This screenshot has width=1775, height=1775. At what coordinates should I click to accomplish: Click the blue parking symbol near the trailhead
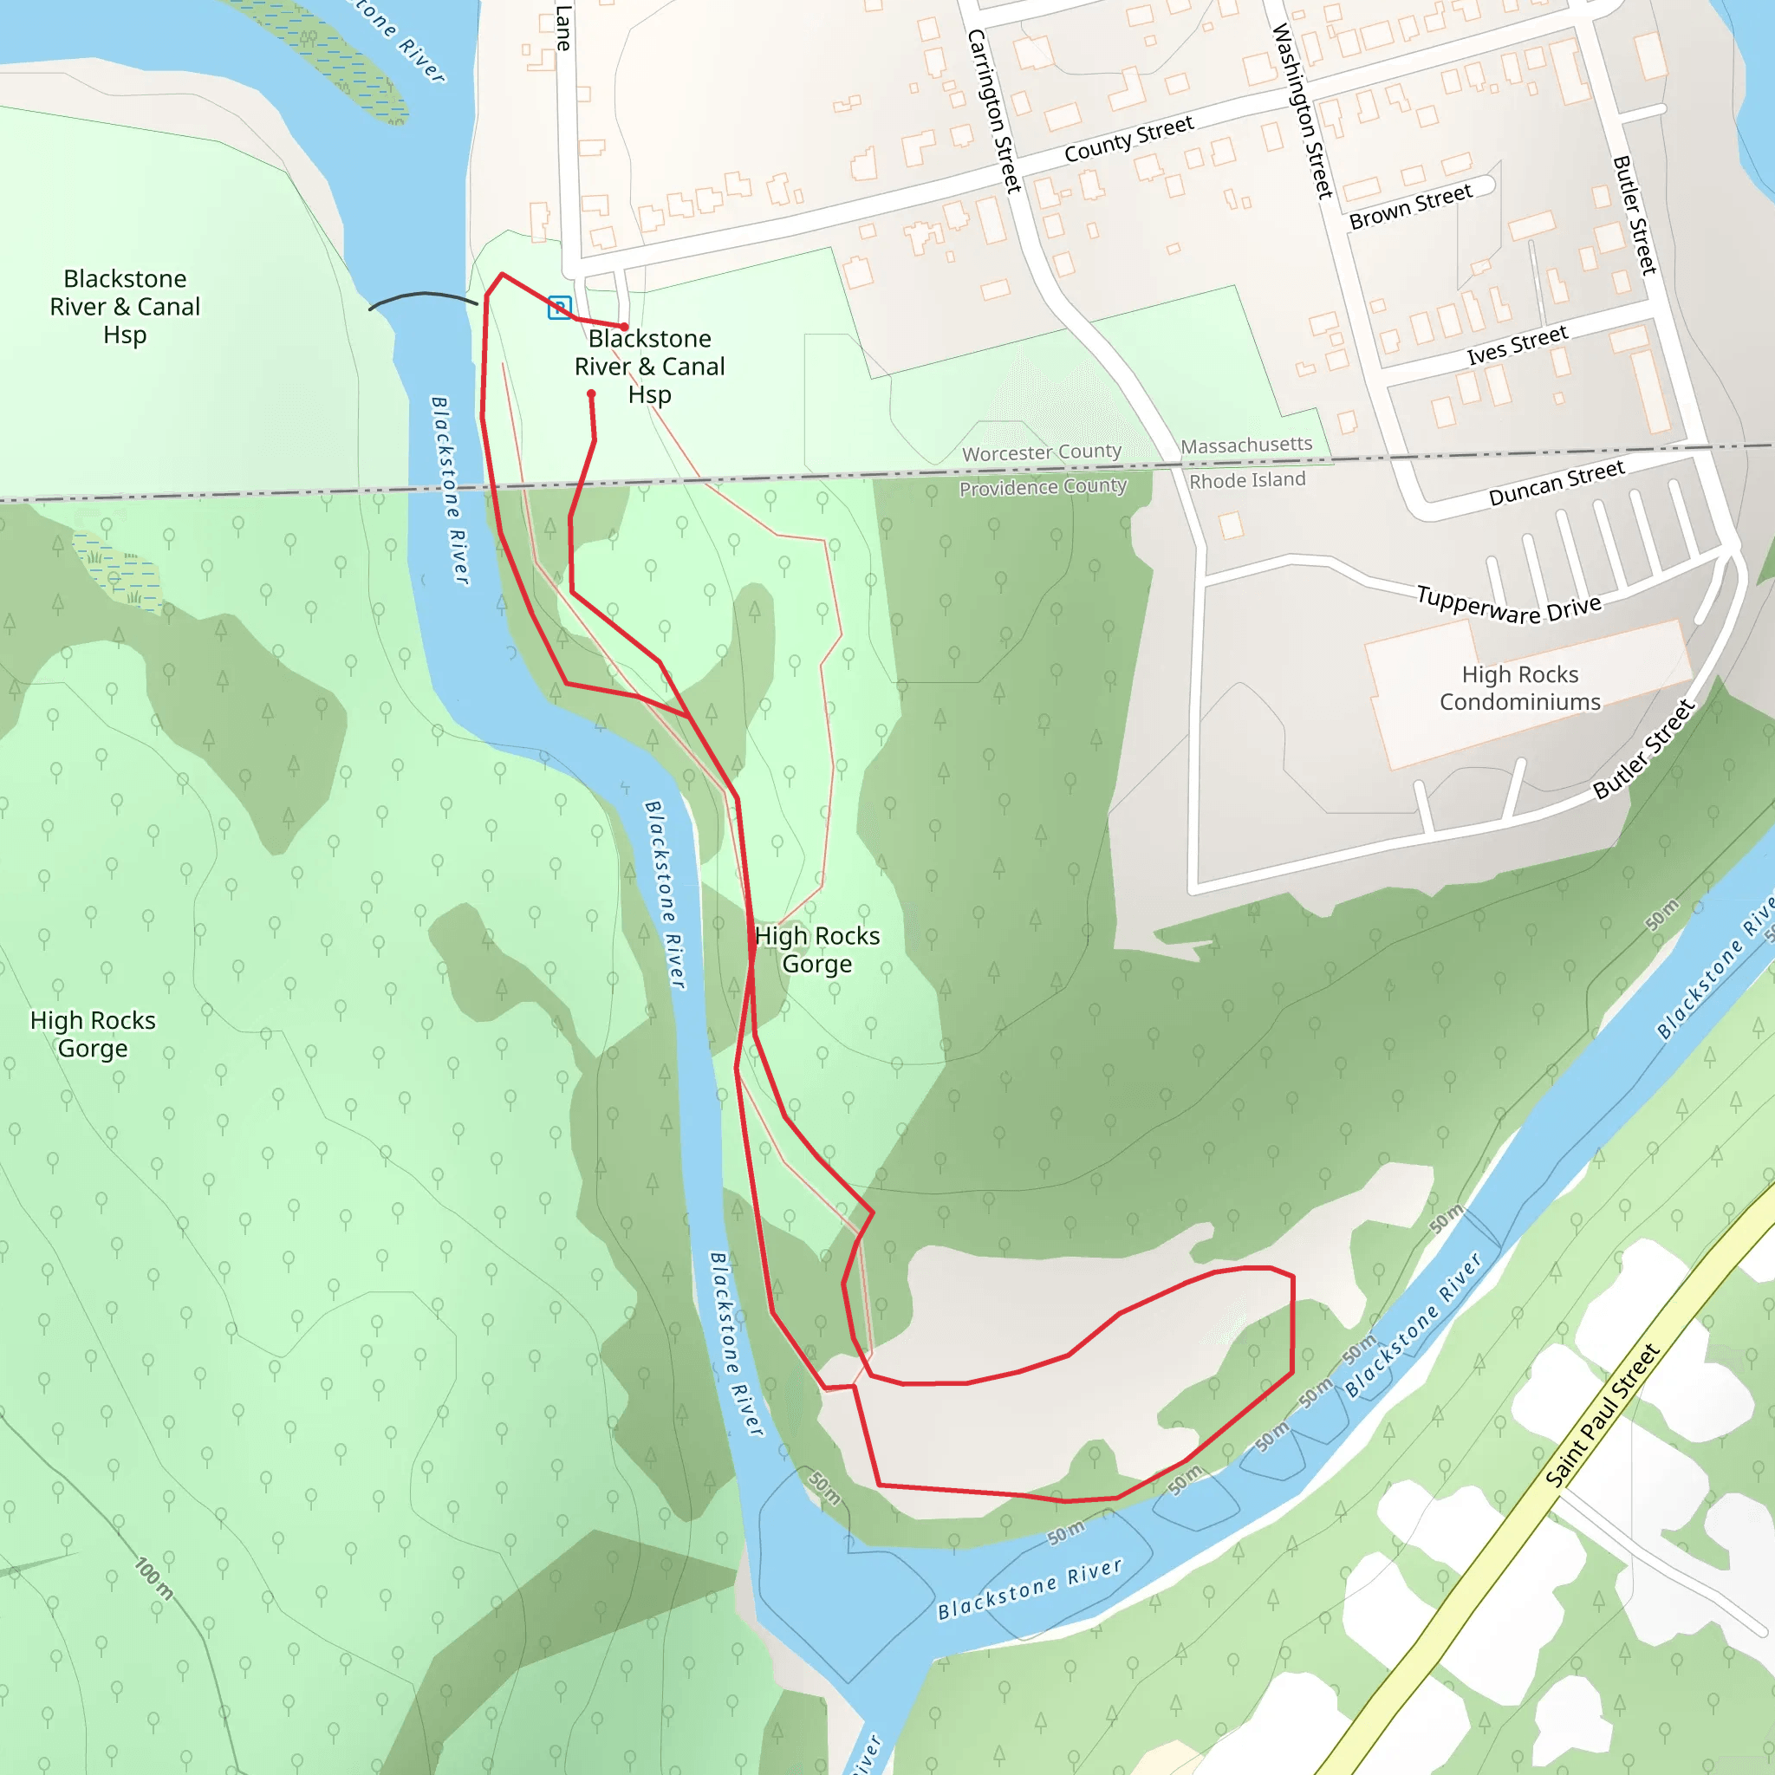point(560,308)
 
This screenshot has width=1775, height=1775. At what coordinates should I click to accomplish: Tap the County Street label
point(1128,139)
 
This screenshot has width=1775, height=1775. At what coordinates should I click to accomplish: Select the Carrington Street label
point(994,111)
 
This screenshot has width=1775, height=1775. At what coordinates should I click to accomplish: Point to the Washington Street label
point(1302,111)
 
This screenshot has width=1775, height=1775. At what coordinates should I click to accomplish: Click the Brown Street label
point(1410,207)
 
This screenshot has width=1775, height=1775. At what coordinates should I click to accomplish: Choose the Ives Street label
point(1517,345)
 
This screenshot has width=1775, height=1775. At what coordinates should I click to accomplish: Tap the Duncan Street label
point(1557,484)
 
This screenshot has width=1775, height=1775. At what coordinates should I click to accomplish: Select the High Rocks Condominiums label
point(1519,688)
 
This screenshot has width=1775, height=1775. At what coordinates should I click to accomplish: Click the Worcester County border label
point(1041,453)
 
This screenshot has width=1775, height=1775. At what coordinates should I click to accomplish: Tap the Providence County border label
point(1043,487)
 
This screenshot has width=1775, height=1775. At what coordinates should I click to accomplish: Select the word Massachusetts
point(1245,445)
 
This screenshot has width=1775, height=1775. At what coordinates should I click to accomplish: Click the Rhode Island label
point(1246,480)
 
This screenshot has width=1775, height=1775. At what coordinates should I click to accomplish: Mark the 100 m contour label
point(153,1578)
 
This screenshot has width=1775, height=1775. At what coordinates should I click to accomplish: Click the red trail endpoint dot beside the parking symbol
point(625,327)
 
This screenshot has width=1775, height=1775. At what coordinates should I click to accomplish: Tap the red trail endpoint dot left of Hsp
point(592,395)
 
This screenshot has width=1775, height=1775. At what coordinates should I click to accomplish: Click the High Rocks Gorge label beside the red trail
point(816,949)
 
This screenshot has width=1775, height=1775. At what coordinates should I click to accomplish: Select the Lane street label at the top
point(563,28)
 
